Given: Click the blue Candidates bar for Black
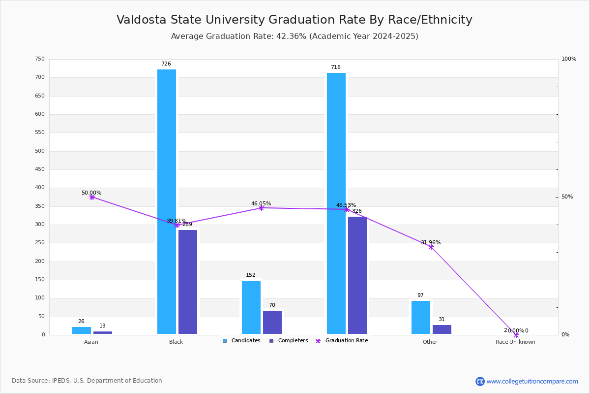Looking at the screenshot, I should tap(167, 202).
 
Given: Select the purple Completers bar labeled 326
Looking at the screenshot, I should tap(357, 275).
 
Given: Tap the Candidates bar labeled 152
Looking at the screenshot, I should tap(251, 307).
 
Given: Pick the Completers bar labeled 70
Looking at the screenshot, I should tap(272, 322).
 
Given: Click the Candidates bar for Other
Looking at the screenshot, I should tap(421, 317).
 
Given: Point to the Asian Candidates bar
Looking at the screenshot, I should tap(82, 330).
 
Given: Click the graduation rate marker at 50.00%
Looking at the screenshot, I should tap(92, 197).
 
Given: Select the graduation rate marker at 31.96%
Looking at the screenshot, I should tap(431, 247).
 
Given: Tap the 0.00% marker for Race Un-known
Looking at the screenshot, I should tap(516, 335).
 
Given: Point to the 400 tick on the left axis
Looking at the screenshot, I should tap(40, 188).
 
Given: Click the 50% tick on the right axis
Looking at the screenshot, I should tap(567, 197).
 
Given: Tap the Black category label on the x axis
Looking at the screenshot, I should tap(176, 342).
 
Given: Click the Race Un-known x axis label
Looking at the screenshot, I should tap(515, 342).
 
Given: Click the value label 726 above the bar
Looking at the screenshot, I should tap(166, 64).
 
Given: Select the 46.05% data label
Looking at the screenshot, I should tap(261, 203).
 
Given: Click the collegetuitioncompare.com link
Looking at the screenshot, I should tap(532, 381).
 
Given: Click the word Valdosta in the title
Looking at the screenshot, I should tap(141, 20).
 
